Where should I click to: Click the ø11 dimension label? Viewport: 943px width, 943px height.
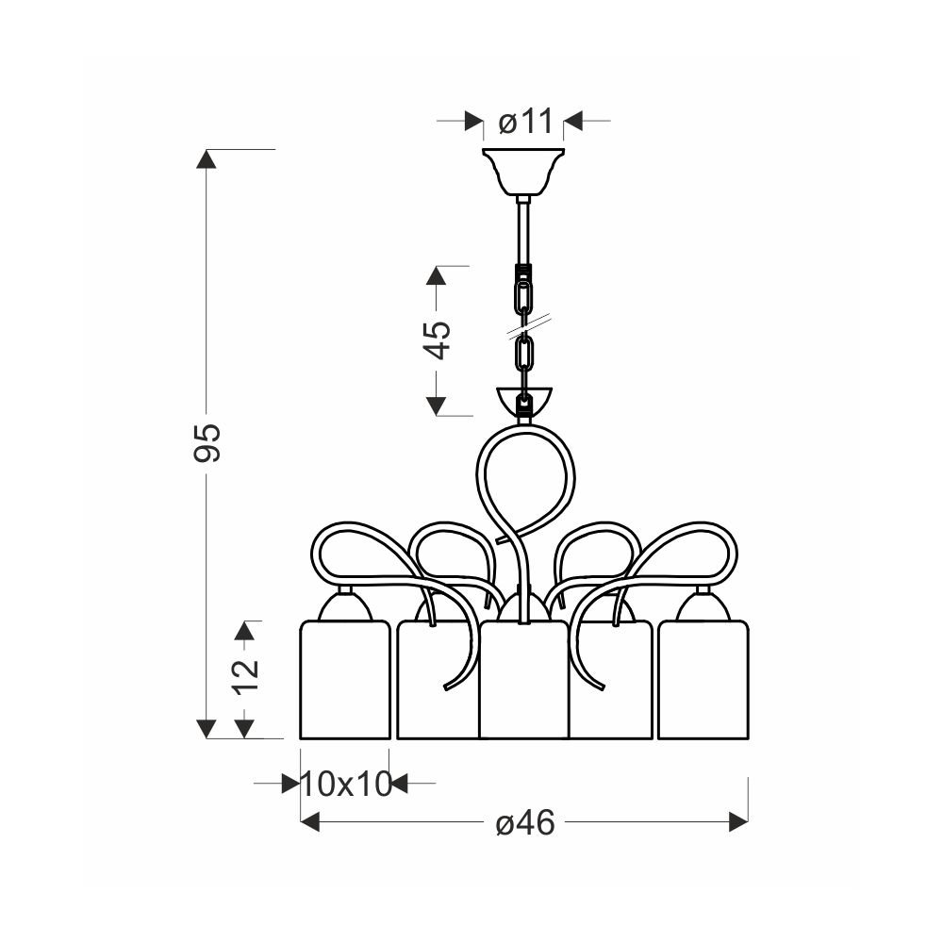pyautogui.click(x=525, y=122)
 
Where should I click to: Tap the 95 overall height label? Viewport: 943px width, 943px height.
pyautogui.click(x=207, y=443)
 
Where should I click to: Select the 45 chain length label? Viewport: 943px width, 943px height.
pyautogui.click(x=438, y=339)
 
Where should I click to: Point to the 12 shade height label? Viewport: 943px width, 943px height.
pyautogui.click(x=246, y=676)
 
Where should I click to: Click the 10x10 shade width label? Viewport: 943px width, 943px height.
pyautogui.click(x=346, y=785)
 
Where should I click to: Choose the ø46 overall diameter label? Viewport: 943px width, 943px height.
pyautogui.click(x=525, y=822)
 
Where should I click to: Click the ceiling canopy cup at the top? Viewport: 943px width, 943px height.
pyautogui.click(x=523, y=172)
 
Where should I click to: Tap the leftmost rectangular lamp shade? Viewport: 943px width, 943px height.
pyautogui.click(x=345, y=680)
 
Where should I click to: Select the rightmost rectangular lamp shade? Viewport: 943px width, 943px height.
pyautogui.click(x=703, y=680)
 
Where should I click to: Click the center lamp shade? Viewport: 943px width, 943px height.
pyautogui.click(x=523, y=680)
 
